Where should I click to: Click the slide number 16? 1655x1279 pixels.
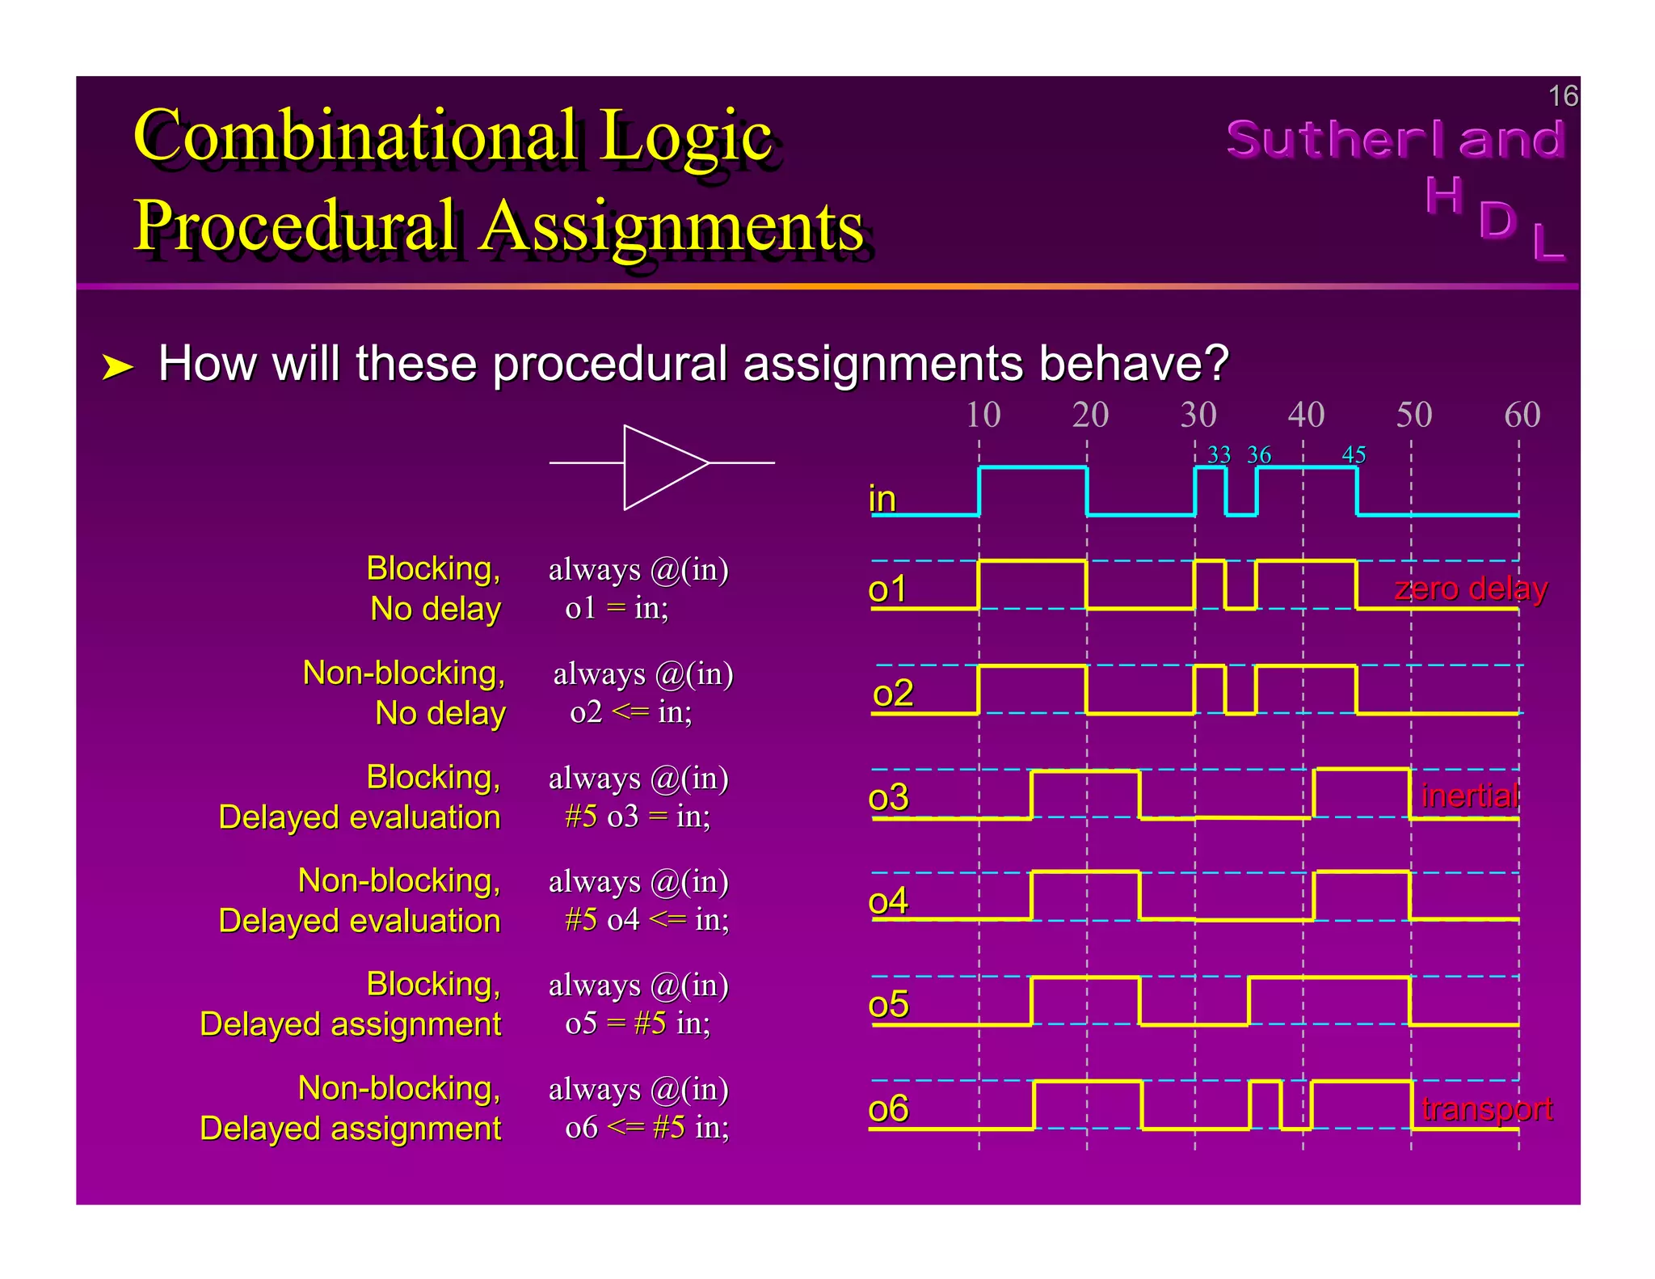tap(1562, 96)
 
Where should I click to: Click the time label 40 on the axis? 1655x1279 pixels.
tap(1306, 415)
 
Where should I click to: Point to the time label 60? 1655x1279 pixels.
tap(1522, 415)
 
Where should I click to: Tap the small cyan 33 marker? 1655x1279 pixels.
tap(1219, 455)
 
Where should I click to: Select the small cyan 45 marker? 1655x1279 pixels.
tap(1354, 455)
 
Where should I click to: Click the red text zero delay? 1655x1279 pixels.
tap(1470, 589)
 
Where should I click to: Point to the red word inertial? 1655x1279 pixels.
tap(1470, 796)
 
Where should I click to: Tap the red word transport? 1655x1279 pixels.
tap(1486, 1108)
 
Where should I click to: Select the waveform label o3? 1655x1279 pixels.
tap(888, 798)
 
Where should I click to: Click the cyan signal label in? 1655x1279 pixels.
tap(882, 499)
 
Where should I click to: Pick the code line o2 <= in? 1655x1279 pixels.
tap(630, 712)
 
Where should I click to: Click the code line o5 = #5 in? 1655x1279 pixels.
tap(638, 1024)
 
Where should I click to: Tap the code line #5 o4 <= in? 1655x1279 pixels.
tap(646, 920)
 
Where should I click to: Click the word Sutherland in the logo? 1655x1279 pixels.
tap(1395, 139)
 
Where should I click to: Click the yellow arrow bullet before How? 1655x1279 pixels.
tap(117, 367)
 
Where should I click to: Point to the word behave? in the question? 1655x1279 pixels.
tap(1133, 363)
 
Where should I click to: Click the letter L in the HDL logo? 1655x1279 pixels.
tap(1548, 243)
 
